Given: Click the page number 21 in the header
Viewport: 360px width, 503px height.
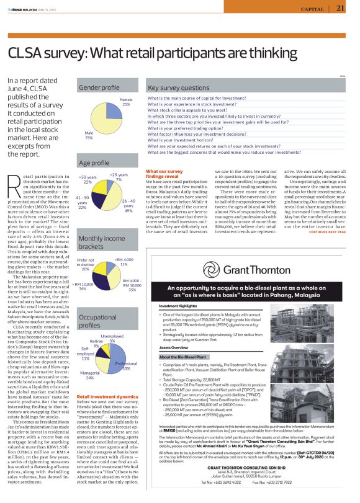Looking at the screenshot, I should coord(340,8).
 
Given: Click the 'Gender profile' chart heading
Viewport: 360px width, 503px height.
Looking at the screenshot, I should coord(99,88).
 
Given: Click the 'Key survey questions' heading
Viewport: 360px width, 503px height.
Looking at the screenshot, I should coord(178,88).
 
